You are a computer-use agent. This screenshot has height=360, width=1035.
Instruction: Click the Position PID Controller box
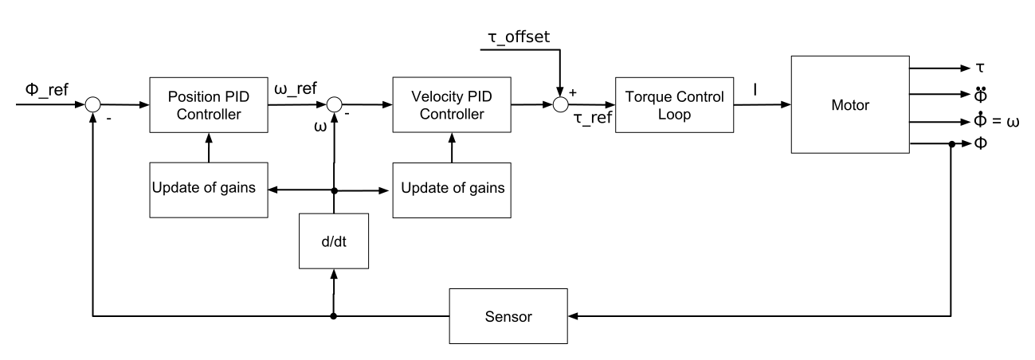tap(208, 104)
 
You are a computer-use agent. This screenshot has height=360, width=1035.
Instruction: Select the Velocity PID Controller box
tap(451, 104)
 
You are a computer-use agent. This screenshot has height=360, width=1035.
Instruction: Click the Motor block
tap(849, 104)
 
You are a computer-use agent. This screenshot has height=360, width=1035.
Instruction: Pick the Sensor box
tap(509, 316)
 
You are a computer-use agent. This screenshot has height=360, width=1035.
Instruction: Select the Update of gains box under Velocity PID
tap(451, 191)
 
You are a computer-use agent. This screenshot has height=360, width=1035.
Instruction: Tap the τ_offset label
tap(520, 37)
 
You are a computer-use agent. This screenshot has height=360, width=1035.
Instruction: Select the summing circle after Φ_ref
tap(94, 104)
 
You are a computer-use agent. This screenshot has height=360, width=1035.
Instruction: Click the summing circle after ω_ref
tap(335, 104)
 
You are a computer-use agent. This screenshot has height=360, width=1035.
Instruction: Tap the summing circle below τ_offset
tap(561, 104)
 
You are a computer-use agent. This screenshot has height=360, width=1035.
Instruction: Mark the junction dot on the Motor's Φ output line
tap(951, 145)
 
